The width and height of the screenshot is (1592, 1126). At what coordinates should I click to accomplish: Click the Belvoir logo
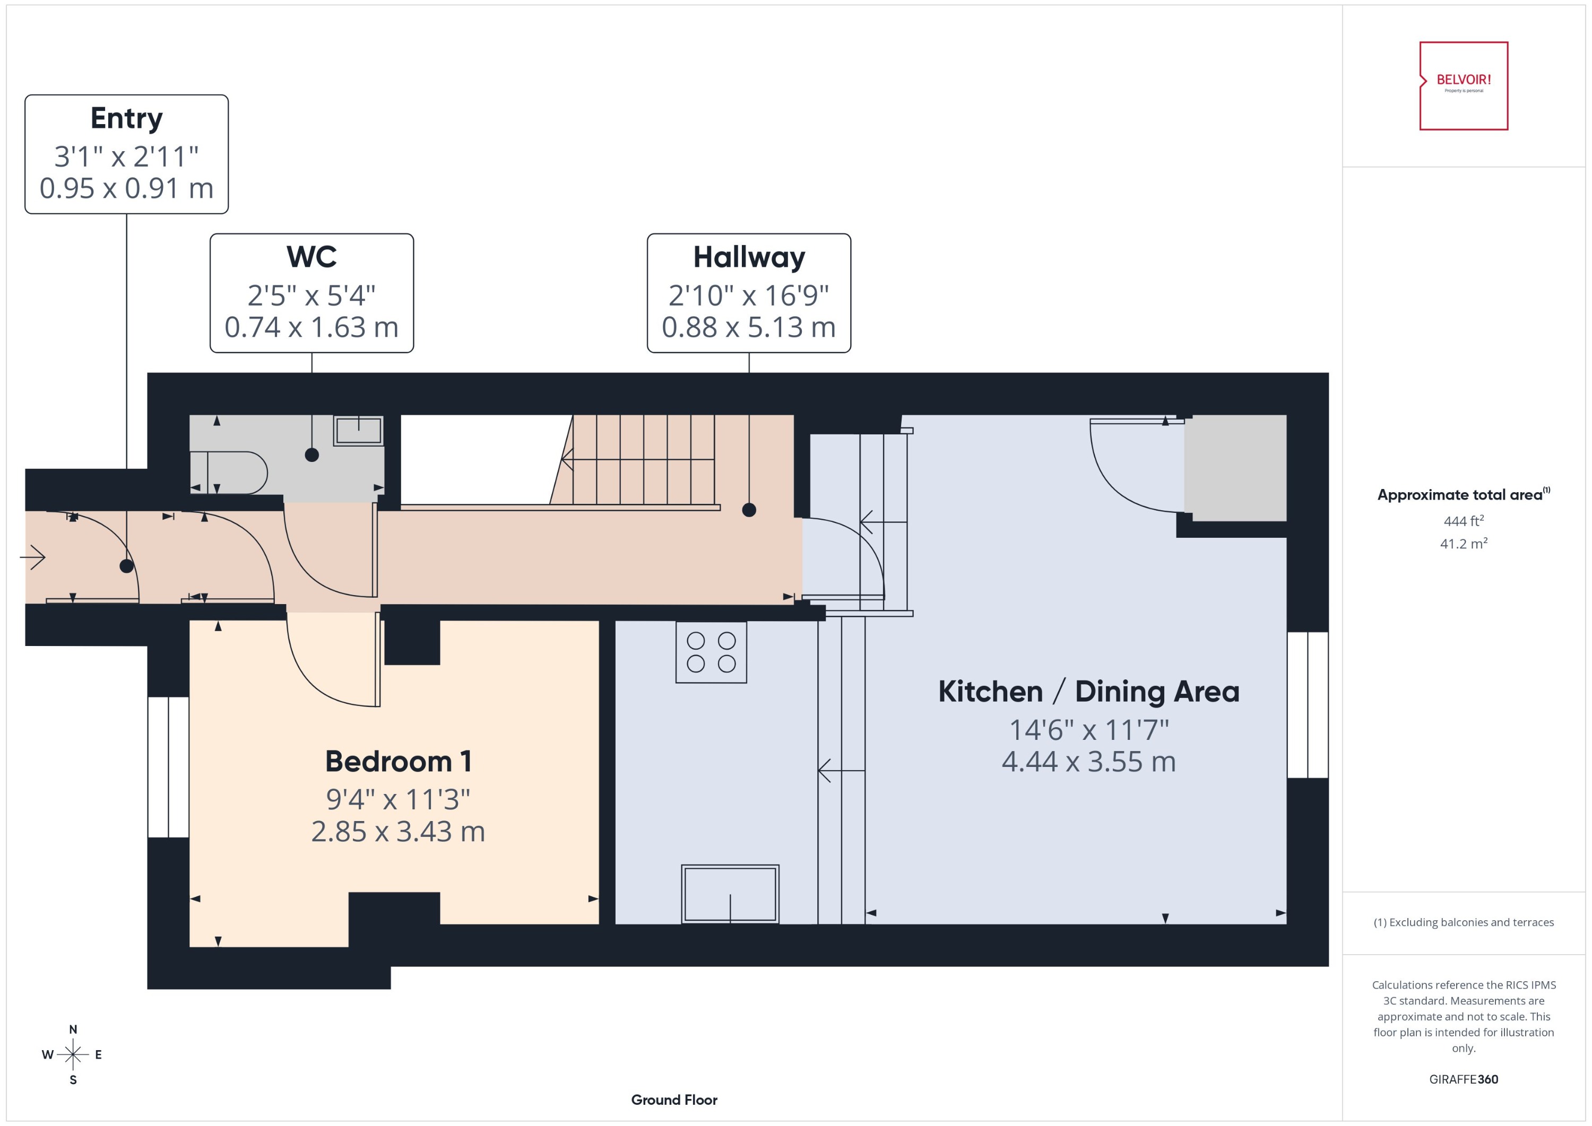point(1463,85)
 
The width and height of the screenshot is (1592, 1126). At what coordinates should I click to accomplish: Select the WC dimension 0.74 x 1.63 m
point(312,327)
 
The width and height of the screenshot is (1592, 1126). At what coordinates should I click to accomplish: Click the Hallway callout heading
point(748,257)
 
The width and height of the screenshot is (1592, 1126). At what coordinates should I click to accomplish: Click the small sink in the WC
point(358,430)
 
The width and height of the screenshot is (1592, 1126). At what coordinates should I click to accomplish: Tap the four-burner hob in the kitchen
point(711,652)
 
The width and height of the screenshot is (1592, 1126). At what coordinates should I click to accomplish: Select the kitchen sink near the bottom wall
point(730,893)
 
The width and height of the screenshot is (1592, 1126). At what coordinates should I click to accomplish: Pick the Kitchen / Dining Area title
point(1088,691)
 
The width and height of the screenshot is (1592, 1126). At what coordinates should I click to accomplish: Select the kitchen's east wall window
point(1307,704)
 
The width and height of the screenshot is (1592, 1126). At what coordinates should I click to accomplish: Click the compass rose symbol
point(73,1054)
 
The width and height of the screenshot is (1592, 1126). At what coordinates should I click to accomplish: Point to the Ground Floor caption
point(673,1099)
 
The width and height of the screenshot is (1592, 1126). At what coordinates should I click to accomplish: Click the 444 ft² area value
point(1463,521)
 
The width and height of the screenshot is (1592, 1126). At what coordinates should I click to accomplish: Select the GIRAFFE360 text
point(1463,1079)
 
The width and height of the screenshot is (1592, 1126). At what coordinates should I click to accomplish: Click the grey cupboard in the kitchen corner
point(1235,467)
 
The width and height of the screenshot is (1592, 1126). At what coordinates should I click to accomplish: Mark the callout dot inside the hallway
point(748,510)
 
